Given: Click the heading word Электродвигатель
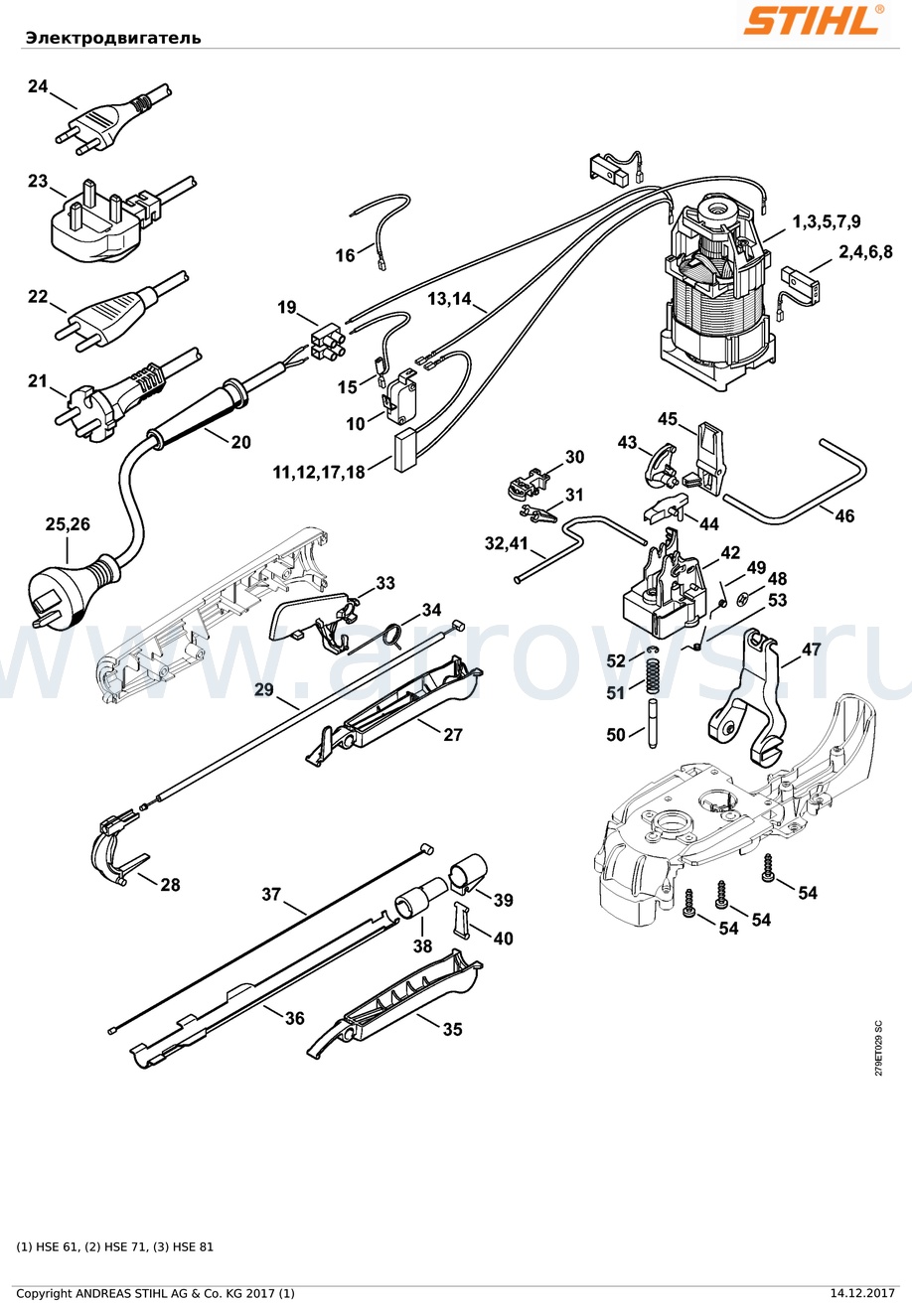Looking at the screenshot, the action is point(113,38).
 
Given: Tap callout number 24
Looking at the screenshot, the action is point(38,86).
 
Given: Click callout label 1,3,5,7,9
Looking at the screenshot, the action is point(826,221).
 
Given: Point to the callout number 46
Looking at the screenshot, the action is point(844,515).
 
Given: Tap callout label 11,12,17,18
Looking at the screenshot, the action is point(319,472).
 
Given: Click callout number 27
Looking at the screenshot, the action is point(453,735).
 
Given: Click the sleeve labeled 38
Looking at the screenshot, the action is point(418,897).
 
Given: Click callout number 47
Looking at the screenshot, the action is point(812,649).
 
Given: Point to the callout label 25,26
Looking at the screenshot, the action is point(69,524).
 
